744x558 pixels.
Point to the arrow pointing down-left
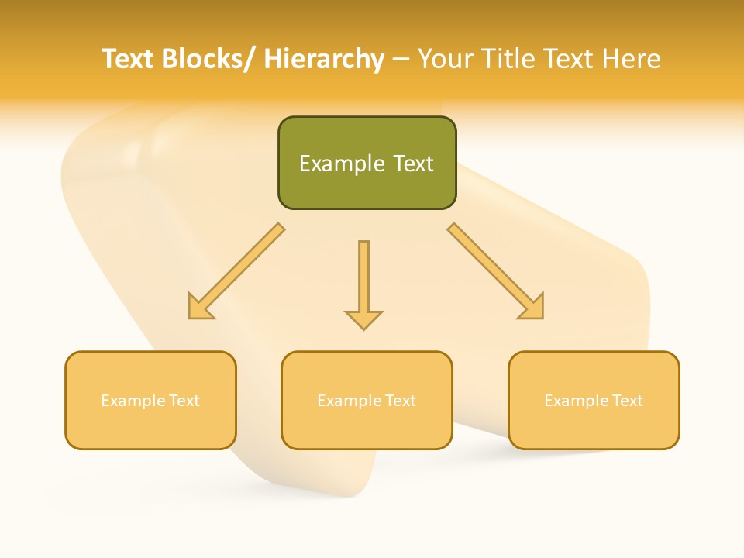point(237,271)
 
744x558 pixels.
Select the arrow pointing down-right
point(495,271)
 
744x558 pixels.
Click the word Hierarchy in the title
point(324,59)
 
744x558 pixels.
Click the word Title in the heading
point(507,59)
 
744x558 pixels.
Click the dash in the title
point(400,60)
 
